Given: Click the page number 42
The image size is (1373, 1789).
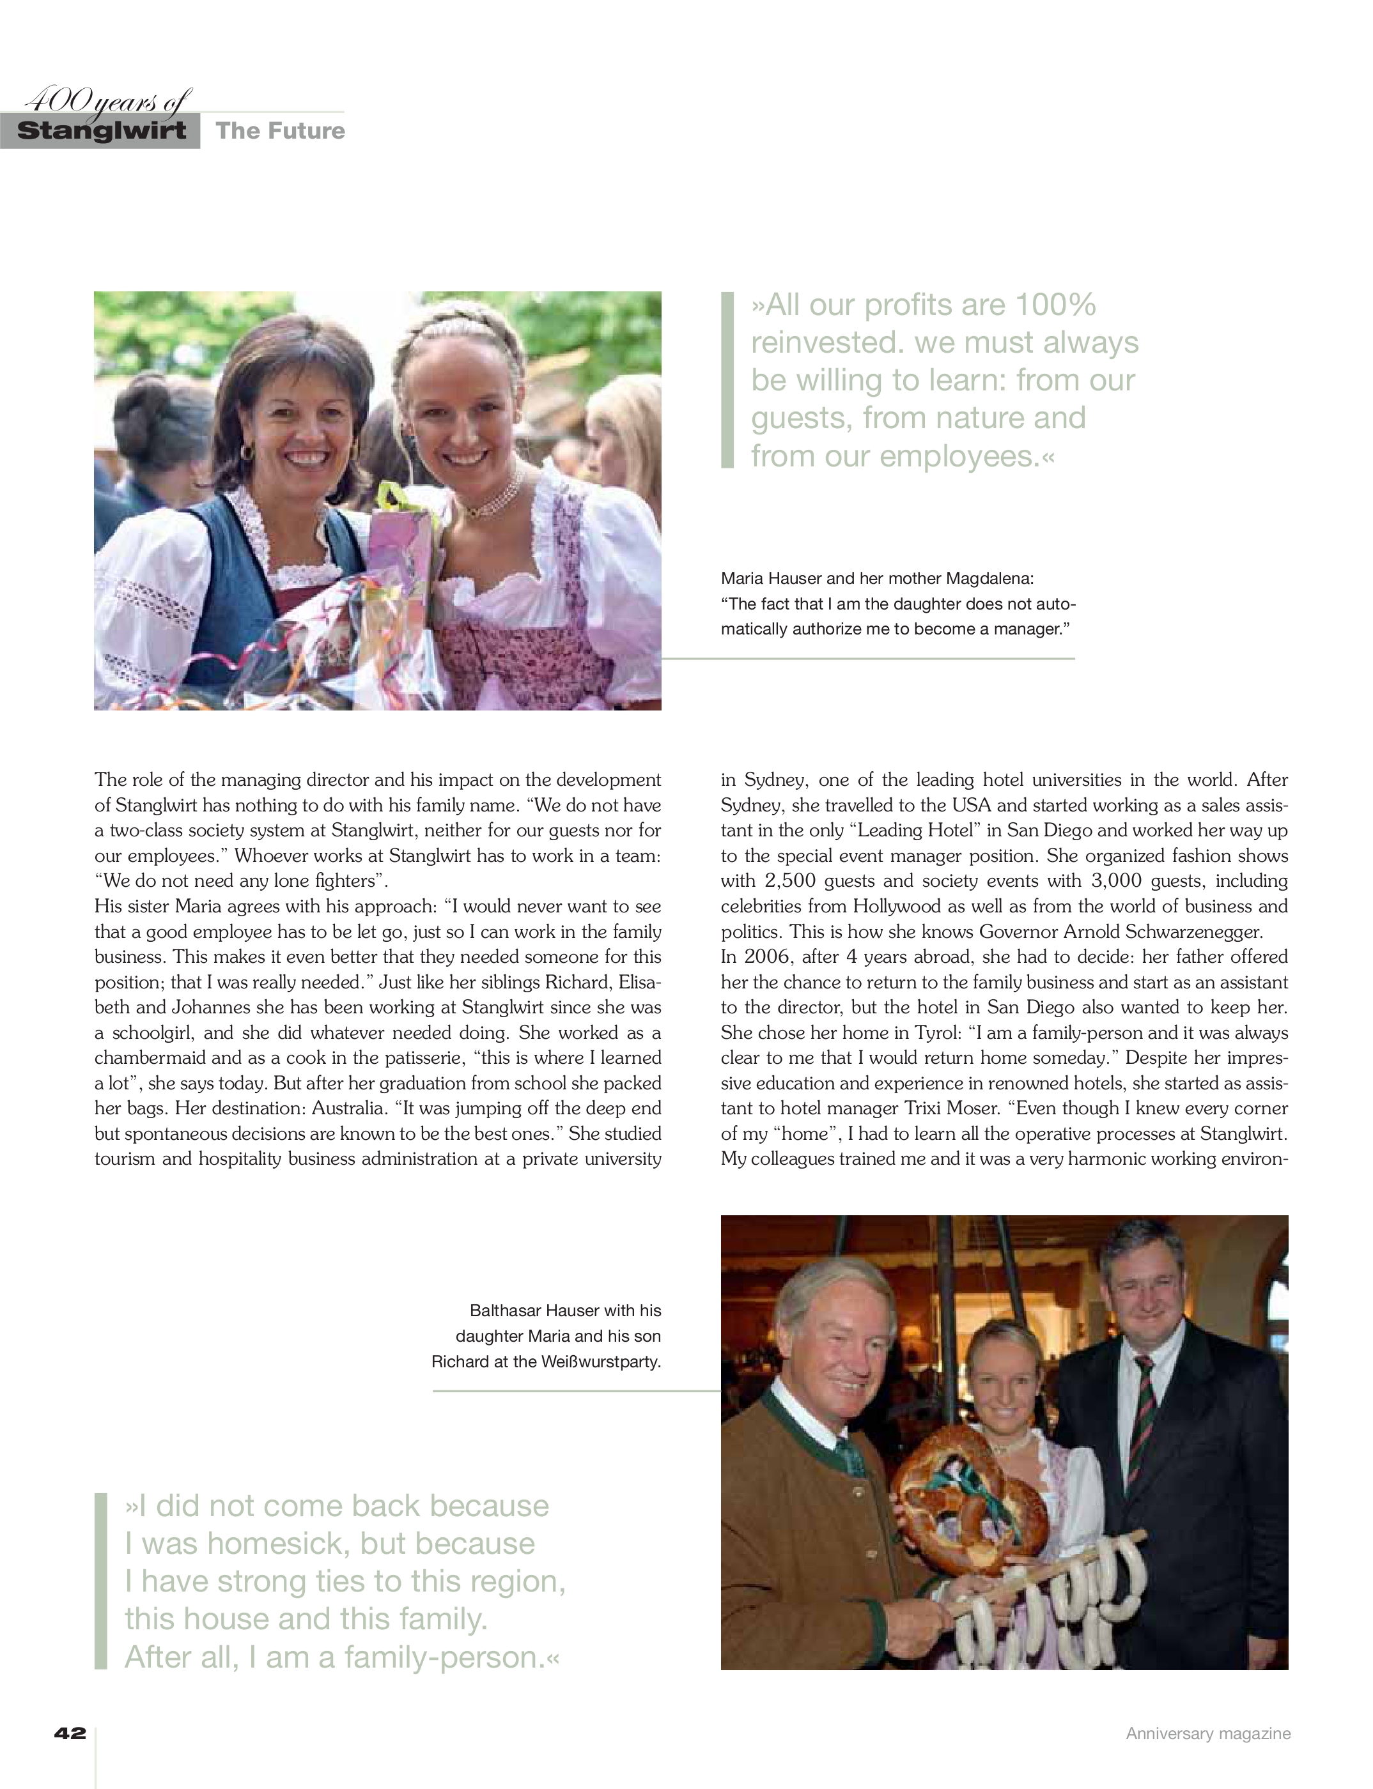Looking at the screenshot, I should point(70,1733).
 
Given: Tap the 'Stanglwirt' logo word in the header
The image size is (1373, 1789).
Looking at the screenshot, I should point(102,131).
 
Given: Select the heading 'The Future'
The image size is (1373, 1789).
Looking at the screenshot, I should point(281,131).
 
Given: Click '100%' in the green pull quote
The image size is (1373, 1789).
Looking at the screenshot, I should point(1055,305).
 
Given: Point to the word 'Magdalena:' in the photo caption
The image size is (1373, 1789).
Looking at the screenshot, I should point(989,578).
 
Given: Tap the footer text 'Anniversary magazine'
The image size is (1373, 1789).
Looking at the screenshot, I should point(1208,1733).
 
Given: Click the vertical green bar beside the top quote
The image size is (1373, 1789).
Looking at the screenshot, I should point(727,380).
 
